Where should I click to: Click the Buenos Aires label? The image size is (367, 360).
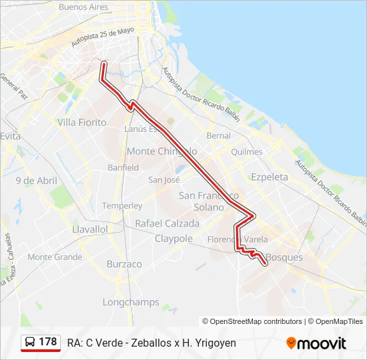tap(83, 7)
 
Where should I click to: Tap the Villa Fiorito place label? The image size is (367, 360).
tap(82, 122)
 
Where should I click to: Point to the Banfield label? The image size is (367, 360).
tap(123, 167)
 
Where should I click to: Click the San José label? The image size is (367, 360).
tap(164, 179)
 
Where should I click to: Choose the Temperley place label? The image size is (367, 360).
tap(122, 206)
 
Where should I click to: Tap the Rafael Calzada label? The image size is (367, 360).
tap(167, 223)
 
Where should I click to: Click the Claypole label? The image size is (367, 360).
tap(173, 239)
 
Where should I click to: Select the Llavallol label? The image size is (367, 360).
tap(89, 229)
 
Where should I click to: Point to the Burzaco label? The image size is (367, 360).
tap(124, 264)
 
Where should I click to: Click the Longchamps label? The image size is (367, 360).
tap(131, 302)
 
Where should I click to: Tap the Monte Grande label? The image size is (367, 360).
tap(55, 257)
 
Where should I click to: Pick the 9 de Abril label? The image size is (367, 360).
tap(37, 181)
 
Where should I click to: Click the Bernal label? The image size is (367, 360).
tap(219, 135)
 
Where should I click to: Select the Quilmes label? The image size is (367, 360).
tap(246, 151)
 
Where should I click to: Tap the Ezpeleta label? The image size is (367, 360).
tap(270, 177)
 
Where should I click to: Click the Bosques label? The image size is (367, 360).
tap(284, 257)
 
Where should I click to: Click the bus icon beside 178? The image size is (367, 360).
tap(30, 342)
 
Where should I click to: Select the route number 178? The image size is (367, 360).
tap(48, 342)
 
